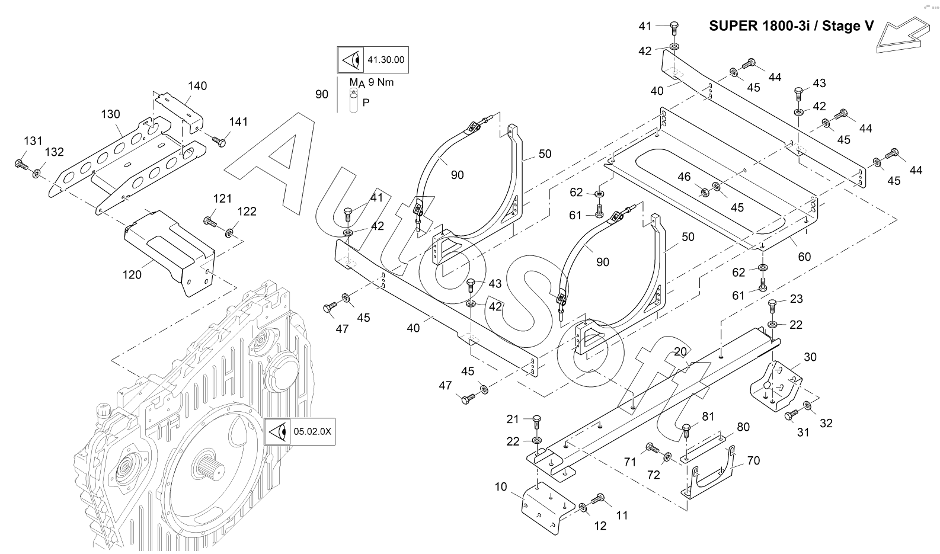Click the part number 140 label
click(x=197, y=86)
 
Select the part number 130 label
click(x=110, y=114)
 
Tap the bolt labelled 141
click(x=219, y=140)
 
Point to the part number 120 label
click(x=132, y=274)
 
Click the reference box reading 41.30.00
click(x=373, y=60)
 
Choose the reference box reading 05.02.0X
click(x=299, y=431)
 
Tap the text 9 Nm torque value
click(x=381, y=82)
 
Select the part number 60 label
click(x=804, y=257)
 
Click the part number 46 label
click(x=684, y=177)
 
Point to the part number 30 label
click(x=810, y=357)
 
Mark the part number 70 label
click(x=753, y=460)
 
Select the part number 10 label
click(x=501, y=487)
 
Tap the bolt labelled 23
click(x=772, y=306)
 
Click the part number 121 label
click(x=222, y=198)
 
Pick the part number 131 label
click(x=33, y=141)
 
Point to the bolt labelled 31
click(x=791, y=417)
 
